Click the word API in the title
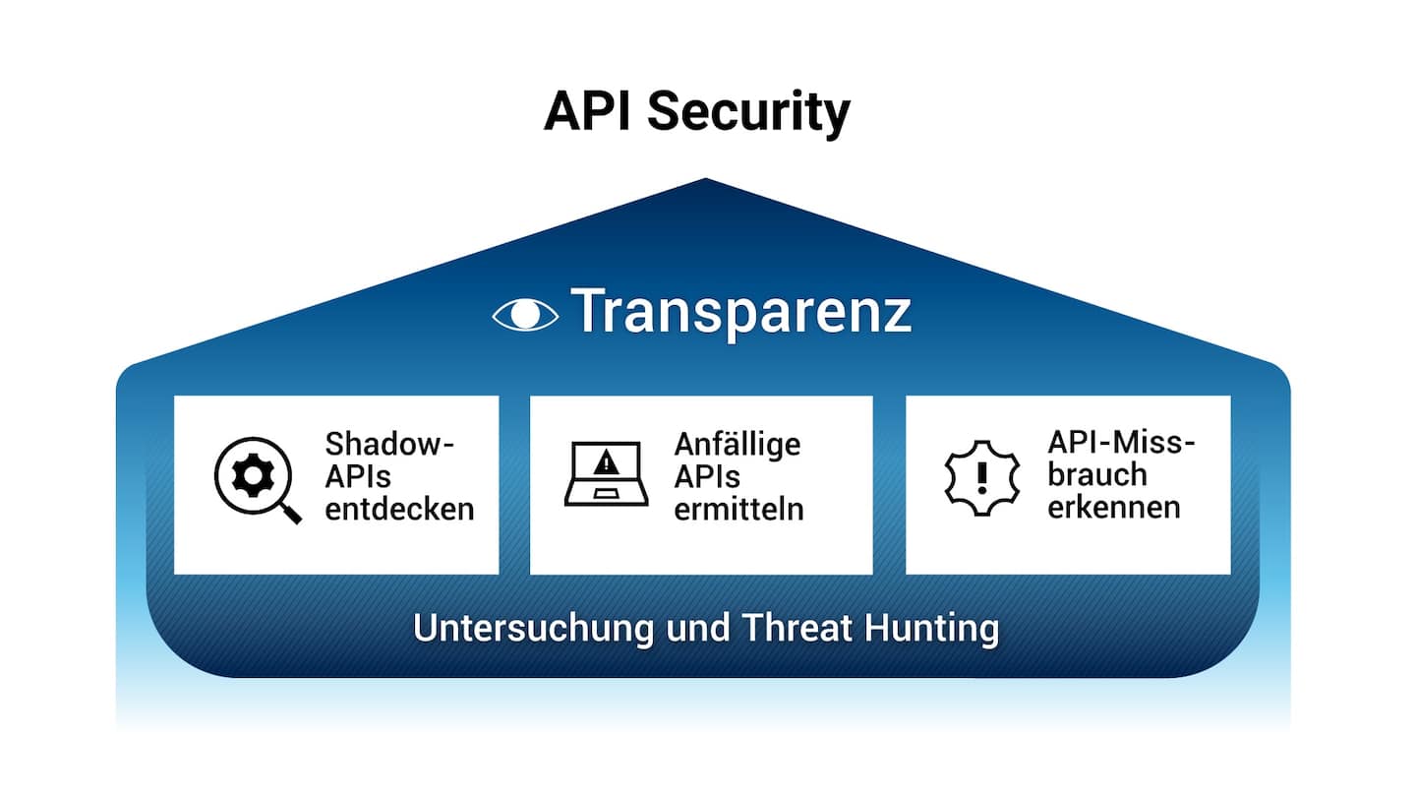[589, 111]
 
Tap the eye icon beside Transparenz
[525, 314]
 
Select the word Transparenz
[741, 312]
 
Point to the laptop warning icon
[606, 474]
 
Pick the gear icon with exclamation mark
[980, 475]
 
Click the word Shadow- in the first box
[390, 444]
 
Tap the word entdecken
[399, 509]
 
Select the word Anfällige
[737, 444]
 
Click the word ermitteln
[738, 509]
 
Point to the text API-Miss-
[1121, 443]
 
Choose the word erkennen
[1113, 508]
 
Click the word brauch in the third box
[1097, 475]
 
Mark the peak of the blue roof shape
[705, 180]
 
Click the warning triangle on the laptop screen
[607, 460]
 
